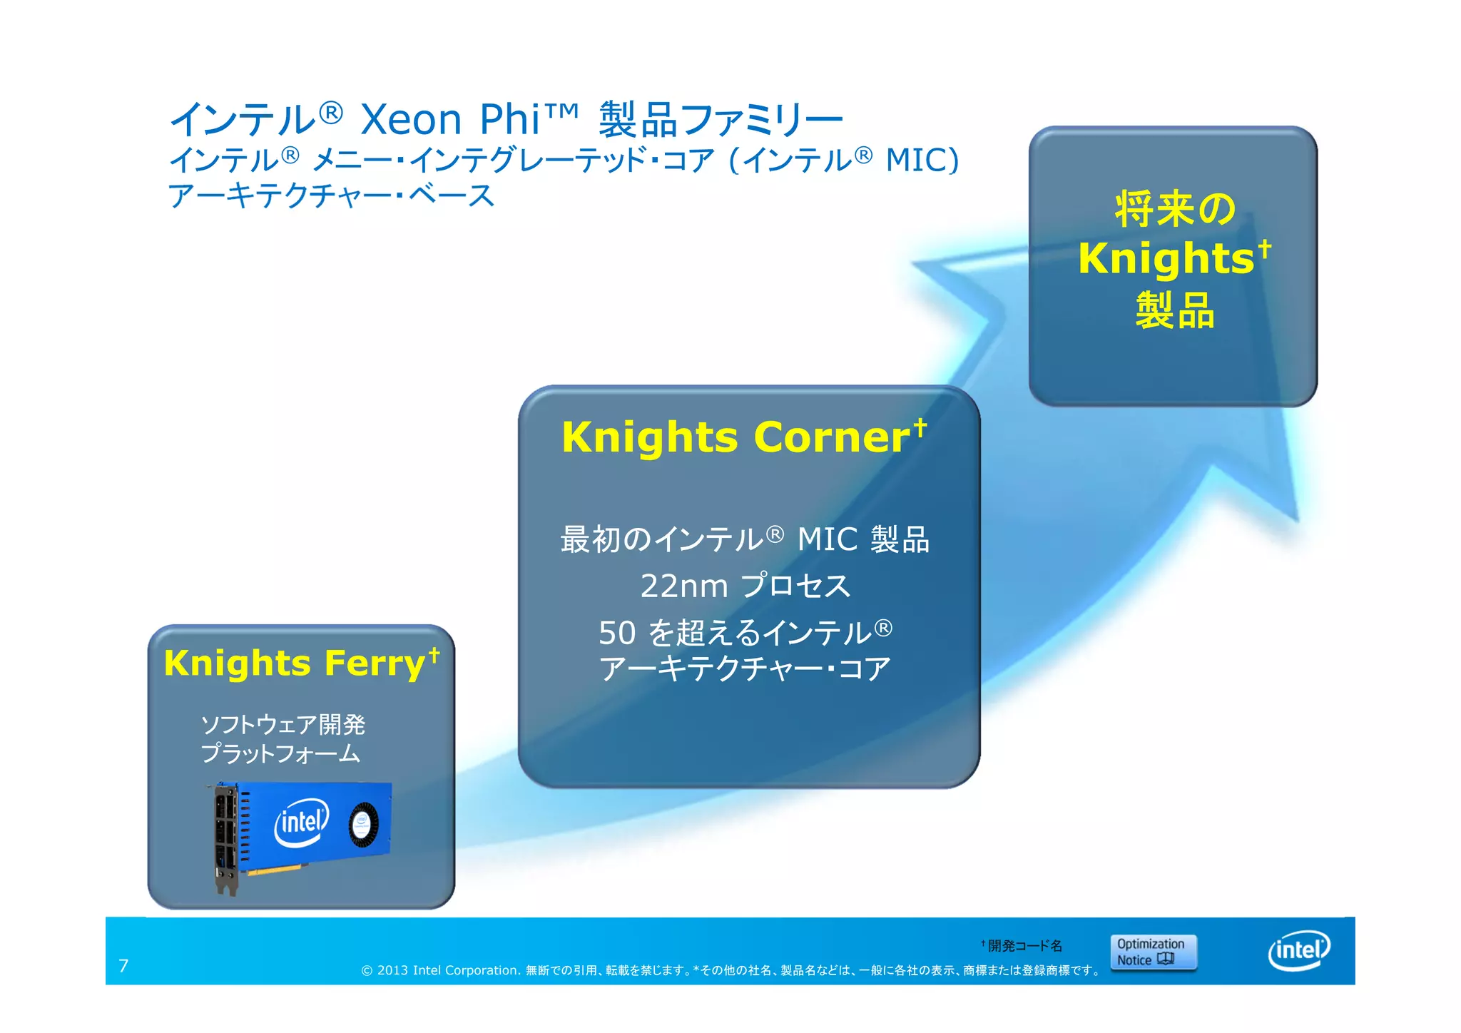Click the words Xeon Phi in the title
tap(449, 119)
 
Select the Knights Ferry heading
tap(294, 663)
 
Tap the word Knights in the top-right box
tap(1166, 258)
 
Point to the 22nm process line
tap(745, 586)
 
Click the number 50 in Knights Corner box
tap(616, 633)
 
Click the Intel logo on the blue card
tap(302, 822)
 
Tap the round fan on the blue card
tap(363, 825)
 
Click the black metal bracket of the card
tap(225, 838)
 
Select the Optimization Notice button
tap(1153, 952)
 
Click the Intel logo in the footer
tap(1299, 950)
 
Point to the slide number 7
tap(123, 966)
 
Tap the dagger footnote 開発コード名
tap(1024, 946)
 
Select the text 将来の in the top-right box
tap(1174, 209)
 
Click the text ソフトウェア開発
tap(282, 725)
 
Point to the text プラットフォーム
tap(280, 754)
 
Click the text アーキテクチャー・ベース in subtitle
tap(331, 195)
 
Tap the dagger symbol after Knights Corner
tap(921, 427)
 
